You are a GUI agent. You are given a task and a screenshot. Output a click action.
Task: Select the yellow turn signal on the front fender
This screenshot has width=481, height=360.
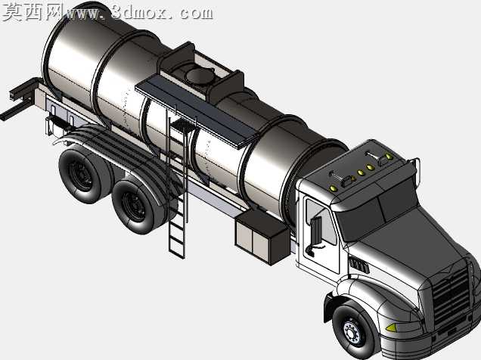coord(391,327)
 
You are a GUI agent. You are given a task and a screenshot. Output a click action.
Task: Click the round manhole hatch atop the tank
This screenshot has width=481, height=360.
coord(200,76)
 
